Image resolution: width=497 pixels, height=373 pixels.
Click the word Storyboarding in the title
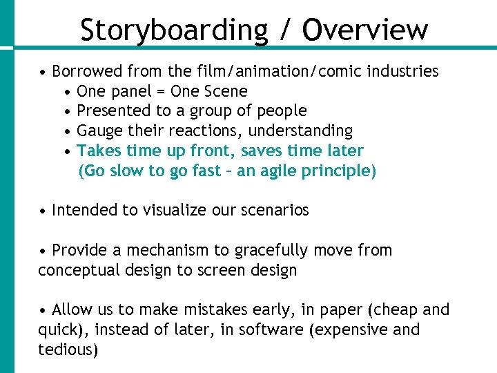click(173, 30)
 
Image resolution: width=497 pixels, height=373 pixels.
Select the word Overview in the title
click(365, 30)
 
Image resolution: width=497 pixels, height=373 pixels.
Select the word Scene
click(226, 91)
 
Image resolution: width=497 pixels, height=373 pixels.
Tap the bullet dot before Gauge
click(67, 131)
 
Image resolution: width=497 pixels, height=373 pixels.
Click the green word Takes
click(97, 151)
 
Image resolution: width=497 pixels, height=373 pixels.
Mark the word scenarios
click(275, 210)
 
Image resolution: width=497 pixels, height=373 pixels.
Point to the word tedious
click(66, 350)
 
